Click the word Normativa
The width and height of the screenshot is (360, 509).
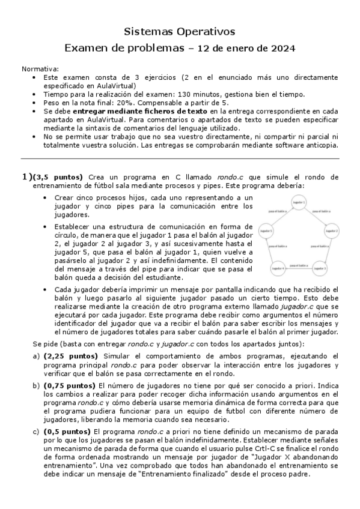click(40, 69)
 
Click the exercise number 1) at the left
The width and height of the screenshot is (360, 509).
click(26, 176)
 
